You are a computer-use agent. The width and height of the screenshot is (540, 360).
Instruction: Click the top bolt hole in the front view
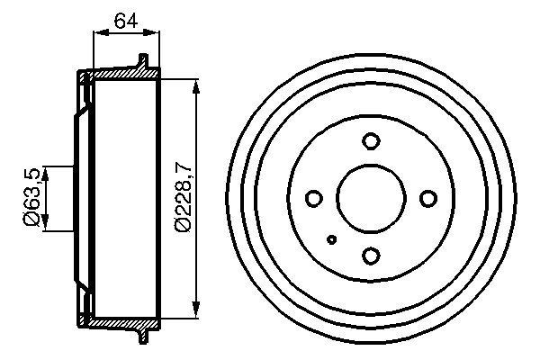[x=370, y=140]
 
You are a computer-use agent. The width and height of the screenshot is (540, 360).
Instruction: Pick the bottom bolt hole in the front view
[x=370, y=256]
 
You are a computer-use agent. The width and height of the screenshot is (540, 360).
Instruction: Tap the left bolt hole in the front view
[x=313, y=199]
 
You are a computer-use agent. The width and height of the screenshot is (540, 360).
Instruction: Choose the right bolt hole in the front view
[x=428, y=199]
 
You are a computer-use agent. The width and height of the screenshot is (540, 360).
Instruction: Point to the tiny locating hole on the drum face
[x=332, y=239]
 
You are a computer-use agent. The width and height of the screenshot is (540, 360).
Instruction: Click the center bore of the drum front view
[x=370, y=198]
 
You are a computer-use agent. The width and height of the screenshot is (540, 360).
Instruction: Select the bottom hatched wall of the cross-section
[x=121, y=323]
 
